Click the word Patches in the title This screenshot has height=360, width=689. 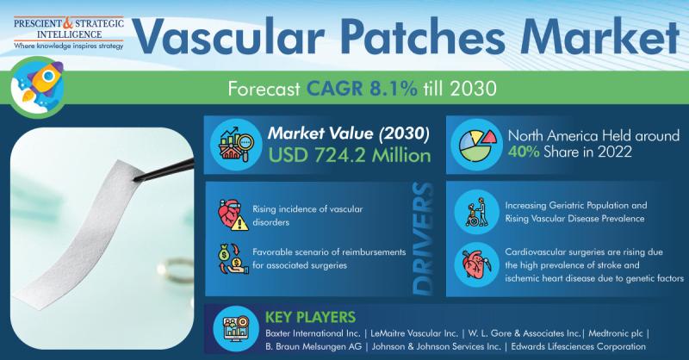pyautogui.click(x=423, y=37)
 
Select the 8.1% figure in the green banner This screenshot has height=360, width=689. pyautogui.click(x=393, y=89)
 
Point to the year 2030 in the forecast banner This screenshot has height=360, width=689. pyautogui.click(x=473, y=89)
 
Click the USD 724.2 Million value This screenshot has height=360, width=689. pyautogui.click(x=350, y=156)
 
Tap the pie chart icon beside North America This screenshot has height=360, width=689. pyautogui.click(x=477, y=144)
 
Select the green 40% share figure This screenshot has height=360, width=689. pyautogui.click(x=524, y=152)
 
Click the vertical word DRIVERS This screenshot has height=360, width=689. pyautogui.click(x=424, y=239)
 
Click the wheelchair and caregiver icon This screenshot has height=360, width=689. pyautogui.click(x=477, y=213)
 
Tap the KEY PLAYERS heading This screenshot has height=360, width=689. pyautogui.click(x=310, y=317)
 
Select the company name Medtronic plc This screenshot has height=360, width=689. pyautogui.click(x=616, y=333)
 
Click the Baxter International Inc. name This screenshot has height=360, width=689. pyautogui.click(x=313, y=333)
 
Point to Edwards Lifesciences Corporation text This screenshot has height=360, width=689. pyautogui.click(x=578, y=347)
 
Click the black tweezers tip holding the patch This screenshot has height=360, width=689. pyautogui.click(x=140, y=177)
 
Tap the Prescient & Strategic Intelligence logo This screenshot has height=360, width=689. pyautogui.click(x=69, y=34)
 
